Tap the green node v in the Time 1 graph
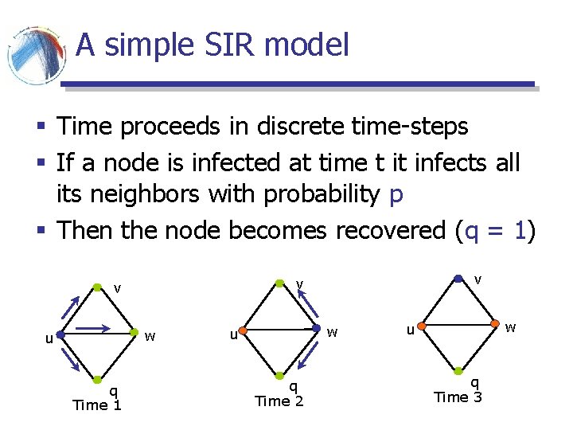pos(96,285)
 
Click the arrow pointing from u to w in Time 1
pos(98,326)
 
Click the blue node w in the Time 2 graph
pos(317,327)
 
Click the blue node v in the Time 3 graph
pos(458,278)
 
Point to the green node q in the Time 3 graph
pos(458,371)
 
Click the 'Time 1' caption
pos(96,405)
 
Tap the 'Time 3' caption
pos(458,397)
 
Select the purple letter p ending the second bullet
pos(397,196)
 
